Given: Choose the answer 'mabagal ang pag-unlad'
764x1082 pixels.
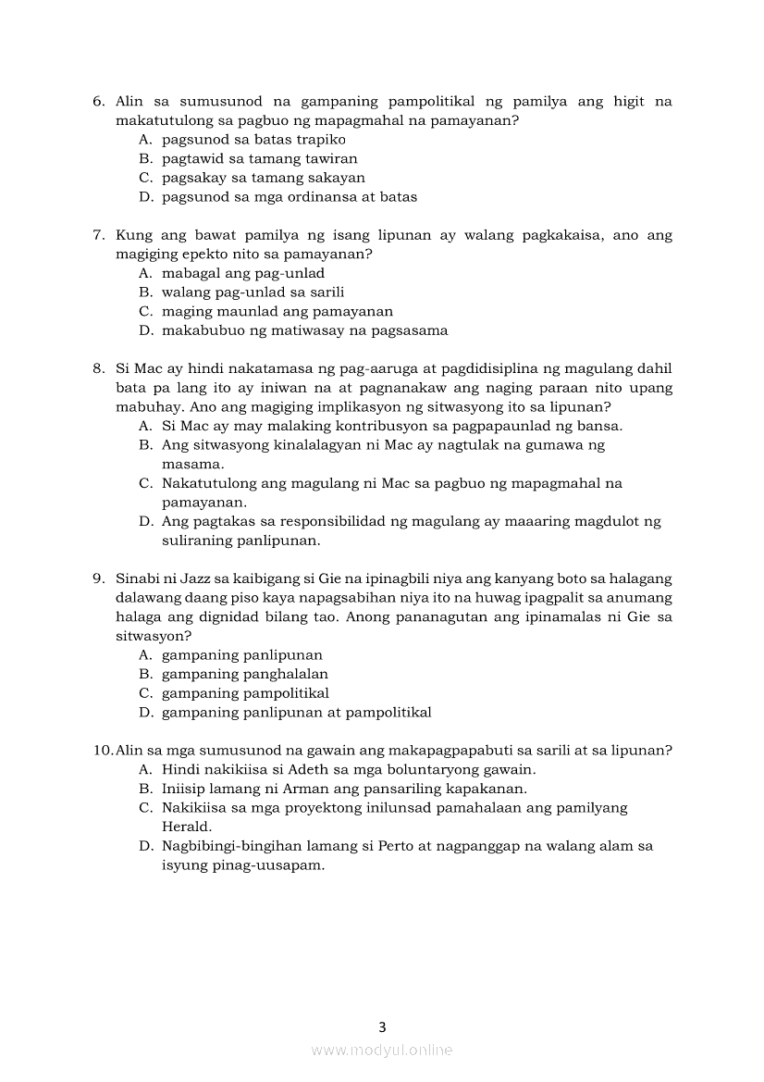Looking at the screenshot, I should tap(242, 273).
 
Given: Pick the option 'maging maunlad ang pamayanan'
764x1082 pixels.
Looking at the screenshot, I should tap(277, 311).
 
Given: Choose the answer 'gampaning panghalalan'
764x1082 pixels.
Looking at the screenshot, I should tap(244, 674).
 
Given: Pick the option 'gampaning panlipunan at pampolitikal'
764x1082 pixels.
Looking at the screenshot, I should tap(296, 713).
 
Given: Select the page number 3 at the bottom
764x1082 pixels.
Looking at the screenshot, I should tap(382, 1026).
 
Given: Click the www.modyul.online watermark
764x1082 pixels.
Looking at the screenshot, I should tap(382, 1050).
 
